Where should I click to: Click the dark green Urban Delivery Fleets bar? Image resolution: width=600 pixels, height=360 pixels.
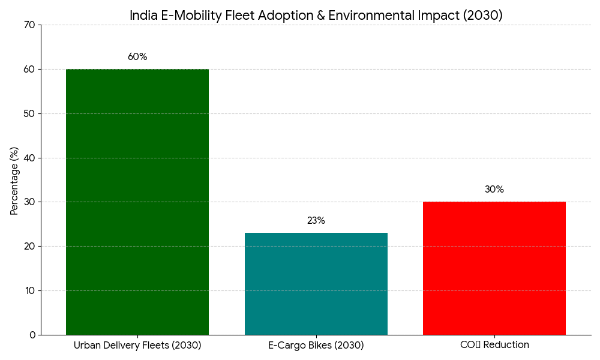[x=137, y=202]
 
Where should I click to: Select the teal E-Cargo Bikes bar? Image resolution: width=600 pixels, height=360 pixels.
[x=316, y=284]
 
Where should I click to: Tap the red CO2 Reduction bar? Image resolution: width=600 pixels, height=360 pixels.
[x=494, y=268]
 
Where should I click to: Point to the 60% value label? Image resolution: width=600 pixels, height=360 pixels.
[x=137, y=57]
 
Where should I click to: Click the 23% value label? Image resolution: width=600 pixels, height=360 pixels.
[x=316, y=221]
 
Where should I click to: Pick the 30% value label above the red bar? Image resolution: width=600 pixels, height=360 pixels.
[x=494, y=190]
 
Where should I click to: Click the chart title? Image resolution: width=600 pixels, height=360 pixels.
[x=316, y=16]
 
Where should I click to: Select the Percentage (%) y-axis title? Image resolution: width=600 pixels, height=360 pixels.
[x=14, y=180]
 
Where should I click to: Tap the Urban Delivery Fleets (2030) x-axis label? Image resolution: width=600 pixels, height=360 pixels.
[x=137, y=346]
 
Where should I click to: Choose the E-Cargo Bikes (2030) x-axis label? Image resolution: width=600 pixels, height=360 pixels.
[x=316, y=346]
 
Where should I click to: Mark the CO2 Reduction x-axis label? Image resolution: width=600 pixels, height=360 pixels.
[x=494, y=345]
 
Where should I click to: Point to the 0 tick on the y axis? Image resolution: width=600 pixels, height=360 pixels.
[x=32, y=335]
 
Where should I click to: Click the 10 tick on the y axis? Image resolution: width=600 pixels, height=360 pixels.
[x=30, y=290]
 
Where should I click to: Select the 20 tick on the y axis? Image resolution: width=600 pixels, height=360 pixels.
[x=30, y=246]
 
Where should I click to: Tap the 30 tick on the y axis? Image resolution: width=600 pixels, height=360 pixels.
[x=30, y=202]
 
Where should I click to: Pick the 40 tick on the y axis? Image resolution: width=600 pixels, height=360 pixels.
[x=30, y=158]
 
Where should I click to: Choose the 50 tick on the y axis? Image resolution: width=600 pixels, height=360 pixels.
[x=30, y=113]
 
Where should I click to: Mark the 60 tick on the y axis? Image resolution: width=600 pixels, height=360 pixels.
[x=30, y=69]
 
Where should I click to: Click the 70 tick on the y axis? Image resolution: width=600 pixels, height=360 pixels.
[x=30, y=25]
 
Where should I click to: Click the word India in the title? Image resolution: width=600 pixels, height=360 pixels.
[x=143, y=16]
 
